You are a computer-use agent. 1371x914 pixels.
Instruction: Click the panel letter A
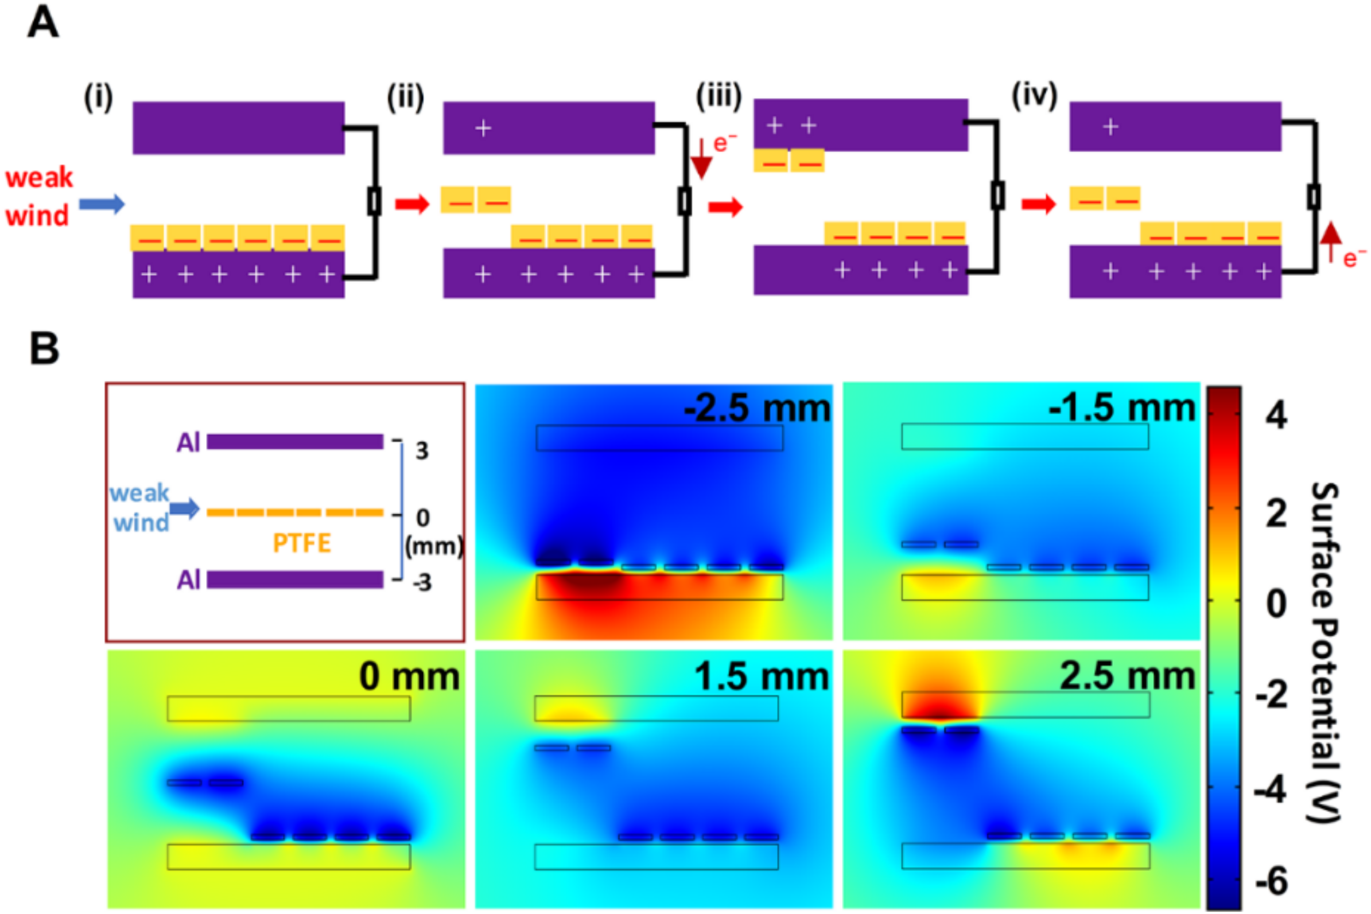[x=42, y=24]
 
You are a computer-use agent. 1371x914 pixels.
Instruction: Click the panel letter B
[x=44, y=349]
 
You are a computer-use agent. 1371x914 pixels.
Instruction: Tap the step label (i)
[x=98, y=97]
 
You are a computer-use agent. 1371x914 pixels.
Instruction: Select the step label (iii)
[x=718, y=96]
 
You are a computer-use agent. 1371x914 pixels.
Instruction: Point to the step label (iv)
[x=1034, y=96]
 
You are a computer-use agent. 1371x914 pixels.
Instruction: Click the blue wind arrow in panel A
[x=102, y=204]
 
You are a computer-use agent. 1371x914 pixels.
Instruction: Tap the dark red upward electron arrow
[x=1331, y=242]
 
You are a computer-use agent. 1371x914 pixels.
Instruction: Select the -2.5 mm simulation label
[x=757, y=409]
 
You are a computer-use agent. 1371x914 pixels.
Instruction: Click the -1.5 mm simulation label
[x=1121, y=407]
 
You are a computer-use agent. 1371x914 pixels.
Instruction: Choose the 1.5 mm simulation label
[x=762, y=677]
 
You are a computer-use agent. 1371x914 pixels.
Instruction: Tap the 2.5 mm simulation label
[x=1127, y=676]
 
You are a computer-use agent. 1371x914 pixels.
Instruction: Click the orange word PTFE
[x=301, y=543]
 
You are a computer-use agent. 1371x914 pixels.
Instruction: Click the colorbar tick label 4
[x=1276, y=417]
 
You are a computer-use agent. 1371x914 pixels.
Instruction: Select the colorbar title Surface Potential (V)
[x=1325, y=652]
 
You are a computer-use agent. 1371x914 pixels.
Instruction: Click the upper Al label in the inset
[x=188, y=442]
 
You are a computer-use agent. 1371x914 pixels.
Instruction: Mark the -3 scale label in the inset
[x=421, y=582]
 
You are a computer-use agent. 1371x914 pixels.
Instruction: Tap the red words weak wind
[x=38, y=196]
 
